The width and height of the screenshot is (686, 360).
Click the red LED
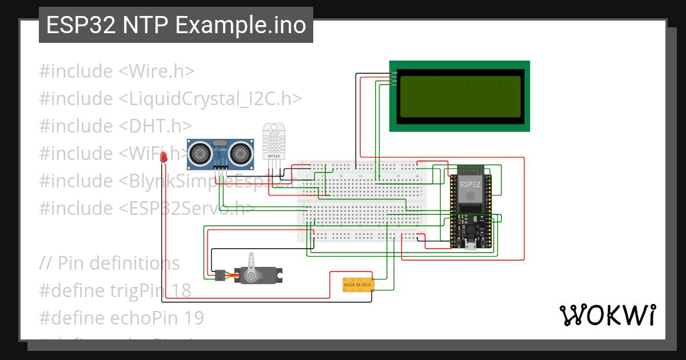pos(163,156)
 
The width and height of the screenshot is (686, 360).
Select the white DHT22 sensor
pos(274,141)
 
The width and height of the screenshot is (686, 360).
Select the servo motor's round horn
pos(250,275)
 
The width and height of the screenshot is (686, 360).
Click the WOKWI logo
pos(607,315)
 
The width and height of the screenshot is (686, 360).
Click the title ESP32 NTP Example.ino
pos(176,25)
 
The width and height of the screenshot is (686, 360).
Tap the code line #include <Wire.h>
pos(117,71)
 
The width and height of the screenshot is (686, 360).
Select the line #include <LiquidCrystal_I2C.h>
pos(170,99)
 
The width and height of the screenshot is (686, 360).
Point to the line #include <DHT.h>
pos(115,126)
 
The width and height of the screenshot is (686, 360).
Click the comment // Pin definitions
pos(110,263)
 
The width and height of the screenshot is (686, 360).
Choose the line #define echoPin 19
pos(121,318)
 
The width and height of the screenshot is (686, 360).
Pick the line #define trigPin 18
pos(115,291)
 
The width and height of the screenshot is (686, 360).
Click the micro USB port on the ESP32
pos(470,246)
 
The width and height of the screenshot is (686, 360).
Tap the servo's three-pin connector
pos(220,276)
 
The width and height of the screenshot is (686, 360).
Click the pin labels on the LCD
pos(394,78)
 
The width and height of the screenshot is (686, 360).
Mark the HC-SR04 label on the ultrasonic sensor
pos(220,150)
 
